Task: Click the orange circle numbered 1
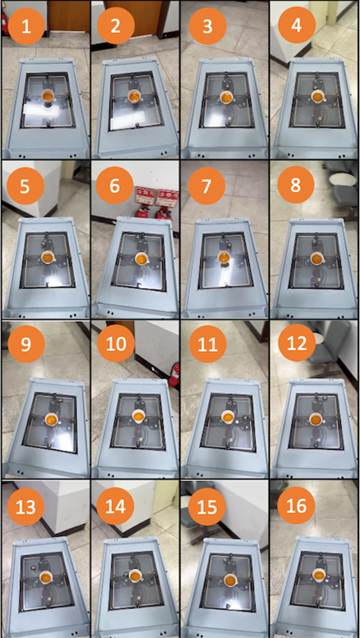tap(26, 26)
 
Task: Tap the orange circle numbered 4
tap(297, 25)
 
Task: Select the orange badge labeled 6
tap(114, 186)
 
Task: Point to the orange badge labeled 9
tap(26, 344)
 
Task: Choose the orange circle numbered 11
tap(207, 344)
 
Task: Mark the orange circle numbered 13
tap(26, 507)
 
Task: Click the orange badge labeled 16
tap(296, 506)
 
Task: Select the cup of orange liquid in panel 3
tap(227, 97)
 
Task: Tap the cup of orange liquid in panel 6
tap(141, 259)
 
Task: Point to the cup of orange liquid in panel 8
tap(316, 259)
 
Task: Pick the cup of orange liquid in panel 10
tap(138, 416)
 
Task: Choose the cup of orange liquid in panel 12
tap(315, 420)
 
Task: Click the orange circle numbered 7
tap(207, 186)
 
